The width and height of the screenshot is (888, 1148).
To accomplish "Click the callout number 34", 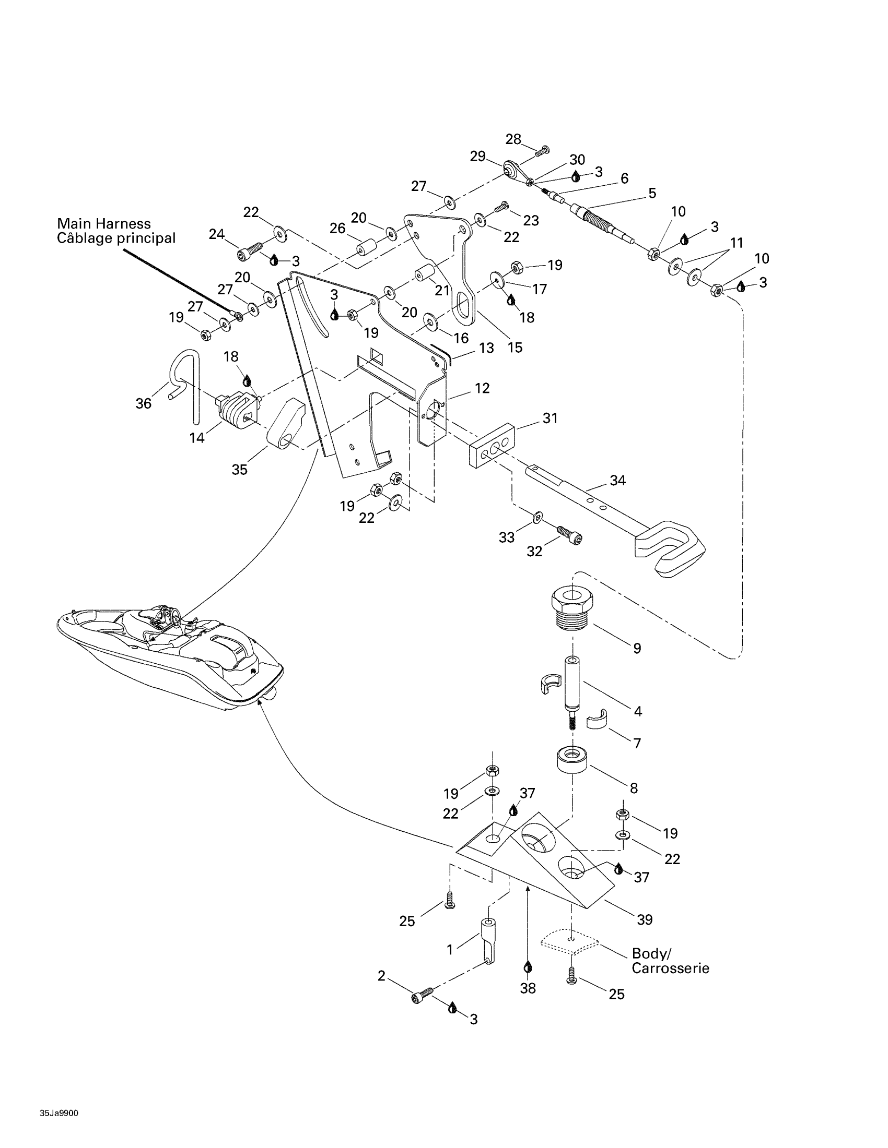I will point(617,480).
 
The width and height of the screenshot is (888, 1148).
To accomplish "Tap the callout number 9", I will point(637,648).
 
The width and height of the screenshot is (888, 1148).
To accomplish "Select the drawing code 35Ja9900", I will point(59,1098).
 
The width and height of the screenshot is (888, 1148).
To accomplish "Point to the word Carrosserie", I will point(670,967).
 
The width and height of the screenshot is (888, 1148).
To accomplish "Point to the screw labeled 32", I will point(570,536).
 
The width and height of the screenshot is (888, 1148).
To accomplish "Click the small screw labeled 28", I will point(542,150).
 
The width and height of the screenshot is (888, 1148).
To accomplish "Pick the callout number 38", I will point(528,988).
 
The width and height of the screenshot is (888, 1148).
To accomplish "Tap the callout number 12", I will point(482,388).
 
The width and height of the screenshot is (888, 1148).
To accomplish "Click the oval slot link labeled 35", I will point(286,424).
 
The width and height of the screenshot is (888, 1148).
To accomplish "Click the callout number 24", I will point(217,234).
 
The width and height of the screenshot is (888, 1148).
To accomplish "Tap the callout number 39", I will point(645,919).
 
